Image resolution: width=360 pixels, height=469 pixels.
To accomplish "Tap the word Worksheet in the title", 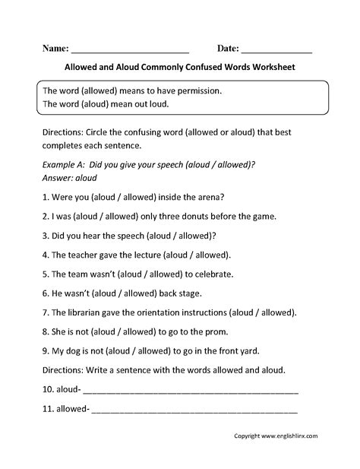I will point(272,67).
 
